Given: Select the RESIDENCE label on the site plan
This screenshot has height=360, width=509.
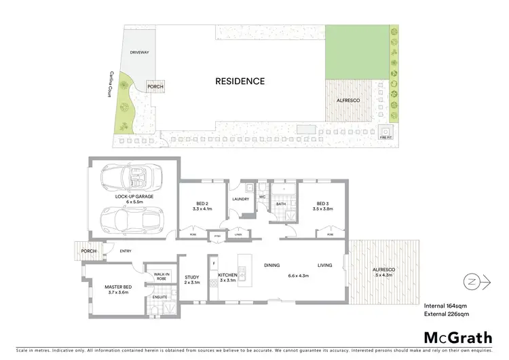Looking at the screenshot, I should click(x=240, y=81).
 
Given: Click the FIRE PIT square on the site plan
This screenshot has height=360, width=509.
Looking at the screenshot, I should click(x=386, y=132).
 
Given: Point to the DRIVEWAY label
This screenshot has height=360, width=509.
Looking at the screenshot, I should click(x=140, y=52).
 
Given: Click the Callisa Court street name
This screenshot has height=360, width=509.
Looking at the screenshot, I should click(x=107, y=84).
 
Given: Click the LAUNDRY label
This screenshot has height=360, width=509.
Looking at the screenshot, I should click(x=240, y=199).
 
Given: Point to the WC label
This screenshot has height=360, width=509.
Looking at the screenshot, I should click(x=261, y=198).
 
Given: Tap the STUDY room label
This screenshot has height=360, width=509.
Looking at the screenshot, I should click(x=191, y=276).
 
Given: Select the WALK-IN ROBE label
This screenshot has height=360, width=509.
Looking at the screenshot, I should click(x=161, y=276).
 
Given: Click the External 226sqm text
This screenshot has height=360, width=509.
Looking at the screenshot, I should click(x=447, y=314).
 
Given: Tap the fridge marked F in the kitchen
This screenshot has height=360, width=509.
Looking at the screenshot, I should click(x=214, y=262).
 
